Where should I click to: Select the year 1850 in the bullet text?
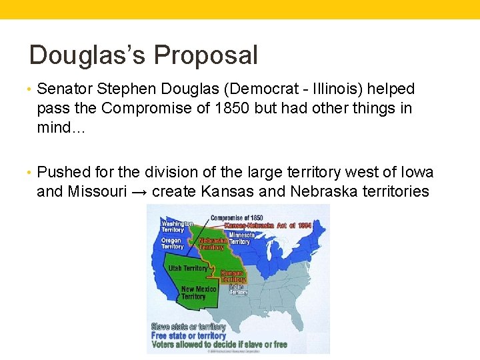[x=238, y=108]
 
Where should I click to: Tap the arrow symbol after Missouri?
[x=139, y=192]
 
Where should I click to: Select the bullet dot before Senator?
[x=32, y=89]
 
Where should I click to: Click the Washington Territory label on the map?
[x=176, y=227]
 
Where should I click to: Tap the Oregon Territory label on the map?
[x=172, y=243]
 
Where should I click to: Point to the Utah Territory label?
[x=188, y=268]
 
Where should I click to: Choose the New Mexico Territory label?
[x=198, y=293]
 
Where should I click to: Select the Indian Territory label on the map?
[x=238, y=289]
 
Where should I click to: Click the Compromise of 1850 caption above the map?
[x=237, y=218]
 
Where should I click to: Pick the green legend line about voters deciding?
[x=219, y=345]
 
